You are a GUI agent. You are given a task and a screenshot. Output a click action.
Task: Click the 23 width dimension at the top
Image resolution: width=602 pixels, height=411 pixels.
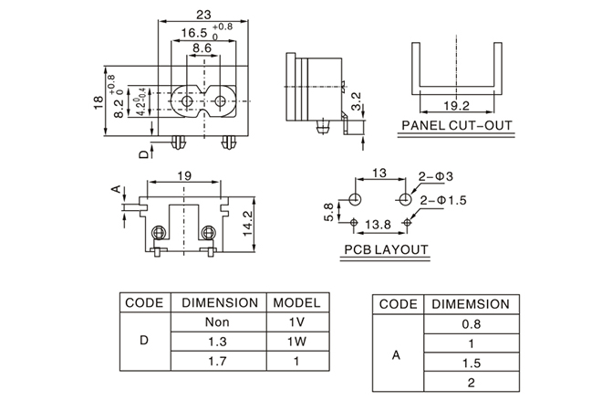[x=203, y=14]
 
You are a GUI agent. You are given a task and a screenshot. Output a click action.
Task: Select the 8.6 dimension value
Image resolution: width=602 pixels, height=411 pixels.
[x=202, y=47]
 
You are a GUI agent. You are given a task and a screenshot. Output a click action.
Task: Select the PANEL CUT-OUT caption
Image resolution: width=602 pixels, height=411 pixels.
[x=456, y=126]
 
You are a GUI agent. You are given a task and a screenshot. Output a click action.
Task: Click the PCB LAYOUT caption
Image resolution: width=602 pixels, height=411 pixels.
[x=386, y=249]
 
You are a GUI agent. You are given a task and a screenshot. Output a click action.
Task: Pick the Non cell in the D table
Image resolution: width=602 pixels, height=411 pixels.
[x=216, y=322]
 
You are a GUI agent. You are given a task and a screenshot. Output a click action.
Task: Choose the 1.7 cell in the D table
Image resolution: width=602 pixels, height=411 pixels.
[x=216, y=362]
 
